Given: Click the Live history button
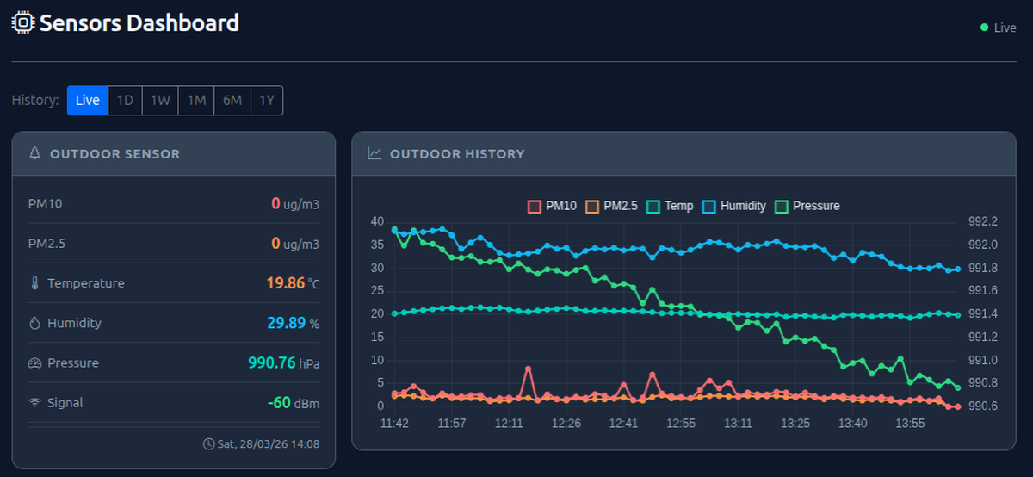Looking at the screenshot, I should tap(88, 100).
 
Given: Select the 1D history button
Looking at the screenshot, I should tap(125, 100).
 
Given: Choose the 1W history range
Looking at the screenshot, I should tap(160, 100).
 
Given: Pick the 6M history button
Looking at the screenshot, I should tap(232, 100).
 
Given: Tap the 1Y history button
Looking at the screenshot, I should tap(267, 100).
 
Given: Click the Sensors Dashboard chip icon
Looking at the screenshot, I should tap(23, 23).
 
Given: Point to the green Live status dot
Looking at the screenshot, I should tap(984, 28).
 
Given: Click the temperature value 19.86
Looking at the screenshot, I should tap(285, 282).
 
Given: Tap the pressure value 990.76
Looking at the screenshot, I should tap(271, 362).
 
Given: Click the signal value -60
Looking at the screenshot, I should tap(278, 402).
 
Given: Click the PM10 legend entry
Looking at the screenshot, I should tap(552, 206).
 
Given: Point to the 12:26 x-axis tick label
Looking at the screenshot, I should tap(566, 424).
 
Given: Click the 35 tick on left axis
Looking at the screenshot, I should tap(377, 245).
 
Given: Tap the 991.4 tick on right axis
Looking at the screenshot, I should tap(982, 313).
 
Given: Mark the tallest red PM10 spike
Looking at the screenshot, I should tap(528, 369).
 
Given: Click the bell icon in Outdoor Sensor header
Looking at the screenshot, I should tap(35, 154).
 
